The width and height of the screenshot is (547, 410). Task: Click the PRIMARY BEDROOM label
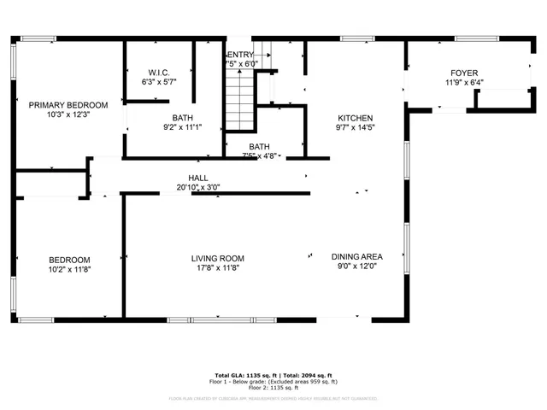(68, 105)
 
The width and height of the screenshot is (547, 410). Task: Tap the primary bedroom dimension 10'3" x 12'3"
(68, 115)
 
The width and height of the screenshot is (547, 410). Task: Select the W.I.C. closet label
(158, 73)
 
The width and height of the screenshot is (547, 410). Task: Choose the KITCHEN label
(356, 118)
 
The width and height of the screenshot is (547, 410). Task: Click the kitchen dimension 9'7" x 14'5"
(356, 127)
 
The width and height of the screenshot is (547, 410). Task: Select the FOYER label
(464, 73)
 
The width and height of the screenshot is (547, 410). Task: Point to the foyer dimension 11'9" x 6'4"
(464, 83)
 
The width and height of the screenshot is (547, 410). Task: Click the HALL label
(198, 177)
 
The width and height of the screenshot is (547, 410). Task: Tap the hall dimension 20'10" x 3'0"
(198, 186)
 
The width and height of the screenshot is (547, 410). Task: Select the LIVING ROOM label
(217, 258)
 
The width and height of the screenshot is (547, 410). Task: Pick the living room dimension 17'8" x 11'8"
(217, 268)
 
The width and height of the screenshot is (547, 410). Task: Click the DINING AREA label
(356, 256)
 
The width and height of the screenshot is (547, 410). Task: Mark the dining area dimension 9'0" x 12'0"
(356, 266)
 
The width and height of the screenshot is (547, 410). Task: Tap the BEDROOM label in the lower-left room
(68, 260)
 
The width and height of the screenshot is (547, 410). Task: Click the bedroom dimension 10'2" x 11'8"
(68, 269)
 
